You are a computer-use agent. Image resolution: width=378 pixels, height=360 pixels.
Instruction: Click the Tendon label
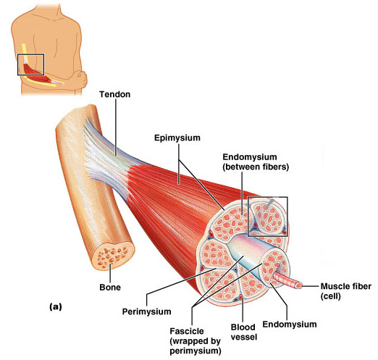115,94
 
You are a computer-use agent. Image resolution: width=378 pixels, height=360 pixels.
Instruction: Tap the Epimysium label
177,138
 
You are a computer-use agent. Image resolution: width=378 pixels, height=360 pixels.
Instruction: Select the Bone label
110,288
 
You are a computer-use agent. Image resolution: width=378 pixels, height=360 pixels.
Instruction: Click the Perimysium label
147,311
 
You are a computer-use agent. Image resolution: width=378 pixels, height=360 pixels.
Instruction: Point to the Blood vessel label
244,332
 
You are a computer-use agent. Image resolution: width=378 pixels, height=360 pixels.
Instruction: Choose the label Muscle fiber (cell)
346,291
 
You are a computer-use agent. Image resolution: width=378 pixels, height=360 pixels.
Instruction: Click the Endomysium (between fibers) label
256,162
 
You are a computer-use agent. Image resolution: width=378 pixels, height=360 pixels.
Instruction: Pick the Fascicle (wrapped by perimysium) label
196,341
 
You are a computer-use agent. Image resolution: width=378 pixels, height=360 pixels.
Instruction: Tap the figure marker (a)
56,306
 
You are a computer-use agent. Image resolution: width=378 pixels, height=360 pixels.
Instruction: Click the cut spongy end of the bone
113,255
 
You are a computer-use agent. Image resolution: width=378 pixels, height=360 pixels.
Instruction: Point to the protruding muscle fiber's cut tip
299,285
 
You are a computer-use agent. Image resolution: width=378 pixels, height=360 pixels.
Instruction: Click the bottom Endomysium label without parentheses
290,324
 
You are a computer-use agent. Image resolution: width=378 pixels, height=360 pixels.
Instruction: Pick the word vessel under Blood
244,337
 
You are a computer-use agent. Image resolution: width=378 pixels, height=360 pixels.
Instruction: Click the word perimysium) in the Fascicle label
196,351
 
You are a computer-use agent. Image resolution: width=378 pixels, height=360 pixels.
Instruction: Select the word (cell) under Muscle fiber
330,296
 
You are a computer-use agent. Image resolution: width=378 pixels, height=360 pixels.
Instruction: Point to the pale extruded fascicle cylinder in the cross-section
248,254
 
